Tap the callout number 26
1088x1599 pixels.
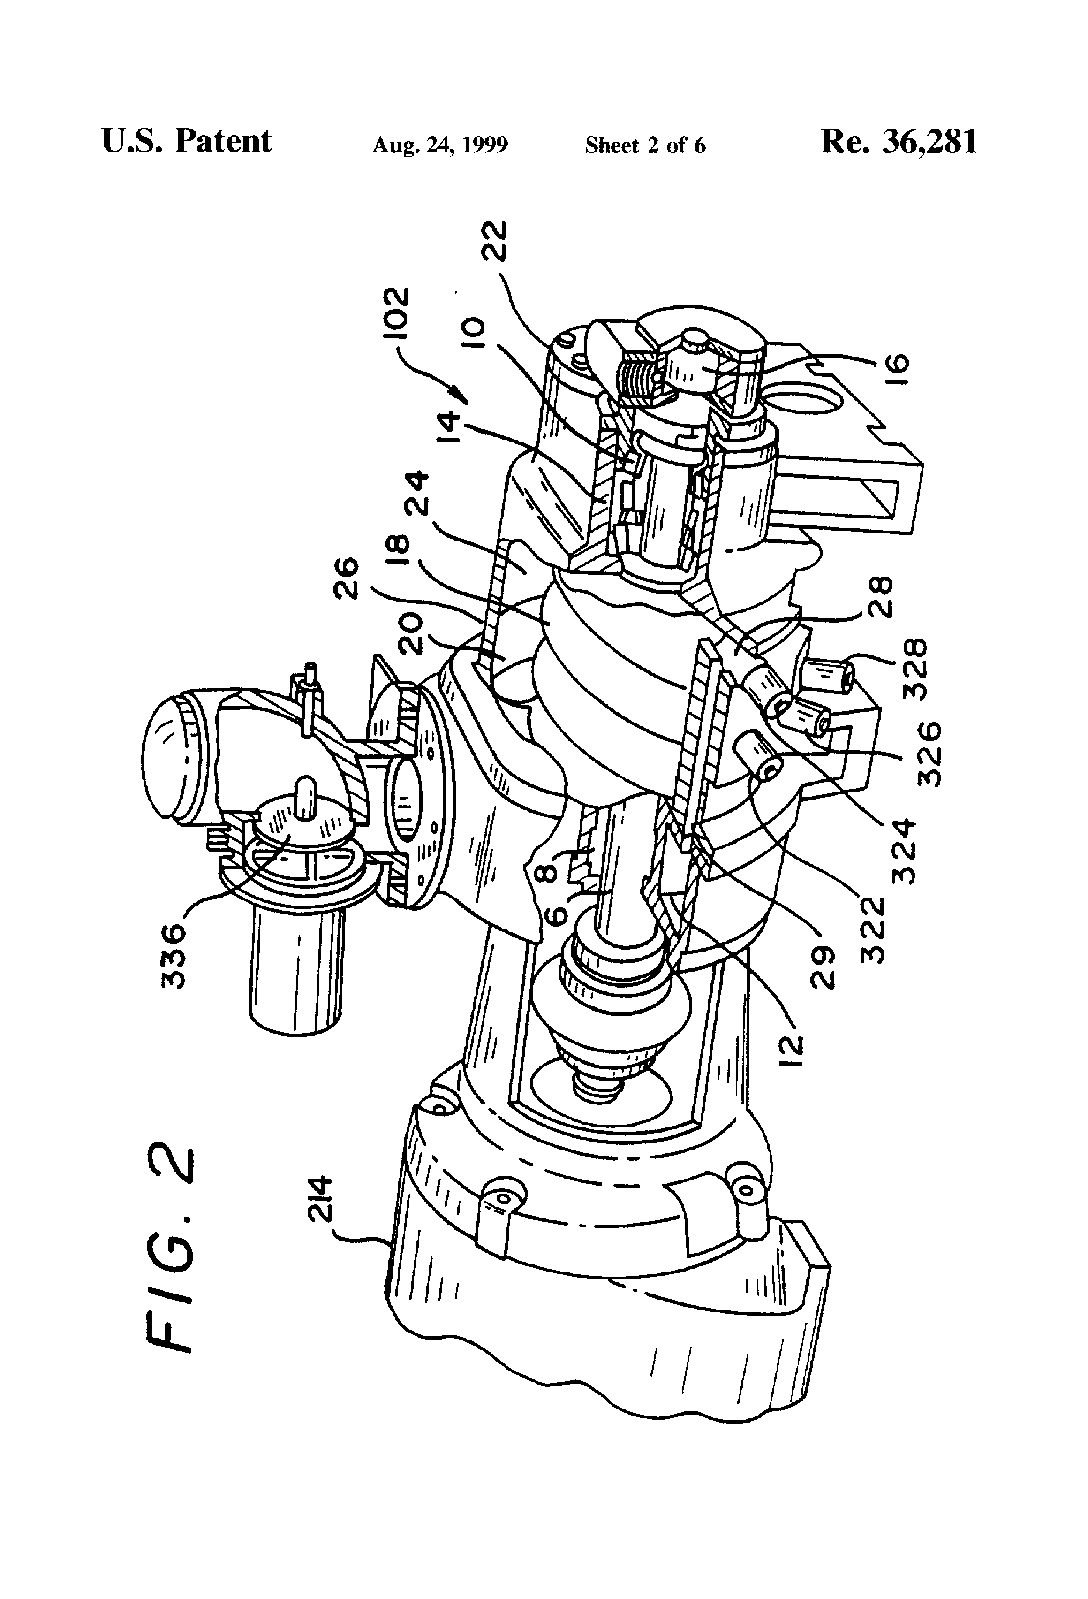(349, 578)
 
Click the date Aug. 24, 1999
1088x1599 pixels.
(440, 145)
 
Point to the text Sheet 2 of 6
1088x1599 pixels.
(645, 145)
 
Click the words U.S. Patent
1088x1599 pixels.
(186, 141)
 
